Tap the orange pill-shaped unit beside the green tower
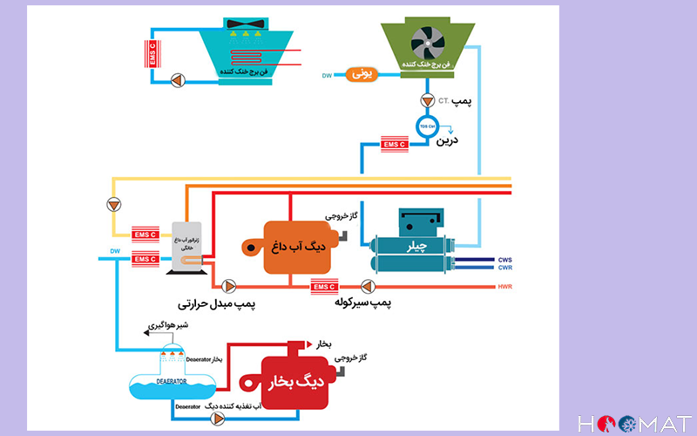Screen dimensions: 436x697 361,75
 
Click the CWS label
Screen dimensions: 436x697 505,259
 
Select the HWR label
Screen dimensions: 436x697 506,287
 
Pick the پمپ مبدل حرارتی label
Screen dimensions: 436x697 215,303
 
